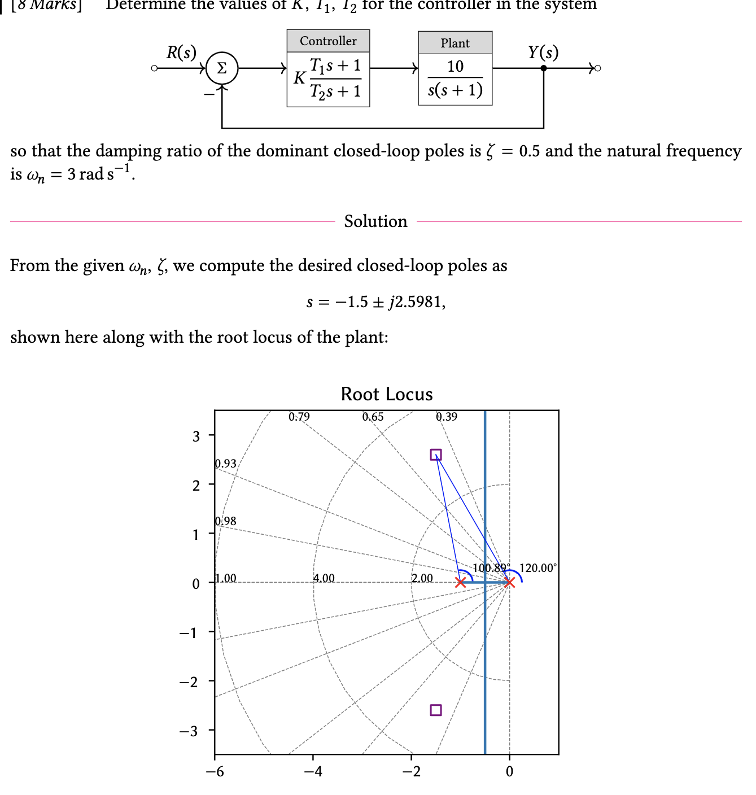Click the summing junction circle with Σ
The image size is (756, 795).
tap(222, 68)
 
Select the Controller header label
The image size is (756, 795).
tap(328, 41)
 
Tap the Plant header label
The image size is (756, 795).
tap(455, 43)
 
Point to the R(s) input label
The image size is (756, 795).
tap(181, 53)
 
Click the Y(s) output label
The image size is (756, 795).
tap(543, 53)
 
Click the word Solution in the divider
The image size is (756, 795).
tap(375, 221)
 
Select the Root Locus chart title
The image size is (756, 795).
tap(387, 394)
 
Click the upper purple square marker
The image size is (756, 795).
tap(436, 455)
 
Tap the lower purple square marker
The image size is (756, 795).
tap(436, 710)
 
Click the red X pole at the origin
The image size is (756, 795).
tap(509, 582)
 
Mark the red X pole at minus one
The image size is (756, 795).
tap(461, 582)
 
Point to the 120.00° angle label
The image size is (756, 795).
tap(537, 568)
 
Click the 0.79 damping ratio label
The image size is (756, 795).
tap(299, 417)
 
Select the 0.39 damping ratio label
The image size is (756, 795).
tap(447, 417)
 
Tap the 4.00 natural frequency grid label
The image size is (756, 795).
tap(324, 578)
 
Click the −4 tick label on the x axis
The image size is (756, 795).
tap(313, 771)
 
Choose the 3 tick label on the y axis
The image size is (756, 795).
tap(196, 436)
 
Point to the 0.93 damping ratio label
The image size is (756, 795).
tap(226, 464)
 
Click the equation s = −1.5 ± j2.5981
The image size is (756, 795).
tap(375, 302)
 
